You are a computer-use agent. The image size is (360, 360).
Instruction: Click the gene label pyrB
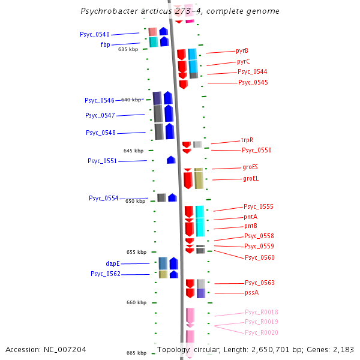coord(242,51)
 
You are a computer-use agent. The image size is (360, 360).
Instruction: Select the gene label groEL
coord(251,179)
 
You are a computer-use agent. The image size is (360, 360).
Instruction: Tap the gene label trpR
coord(247,140)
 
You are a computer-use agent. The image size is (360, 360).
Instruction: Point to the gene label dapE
coord(113,263)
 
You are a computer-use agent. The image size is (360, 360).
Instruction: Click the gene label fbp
coord(105,44)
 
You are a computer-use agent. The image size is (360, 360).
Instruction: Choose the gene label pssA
coord(251,293)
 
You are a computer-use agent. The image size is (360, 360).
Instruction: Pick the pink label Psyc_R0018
coord(261,312)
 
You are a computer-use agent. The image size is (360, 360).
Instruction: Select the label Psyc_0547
coord(100,115)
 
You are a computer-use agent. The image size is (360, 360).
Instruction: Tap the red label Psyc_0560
coord(259,257)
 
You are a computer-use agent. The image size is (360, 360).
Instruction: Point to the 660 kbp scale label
coord(136,303)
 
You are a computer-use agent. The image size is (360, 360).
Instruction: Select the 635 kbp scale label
coord(128,49)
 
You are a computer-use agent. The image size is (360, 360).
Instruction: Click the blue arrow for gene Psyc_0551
coord(171,160)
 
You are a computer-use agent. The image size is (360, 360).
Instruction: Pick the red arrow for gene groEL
coord(188,179)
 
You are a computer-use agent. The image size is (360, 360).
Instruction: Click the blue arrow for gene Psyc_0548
coord(170,131)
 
